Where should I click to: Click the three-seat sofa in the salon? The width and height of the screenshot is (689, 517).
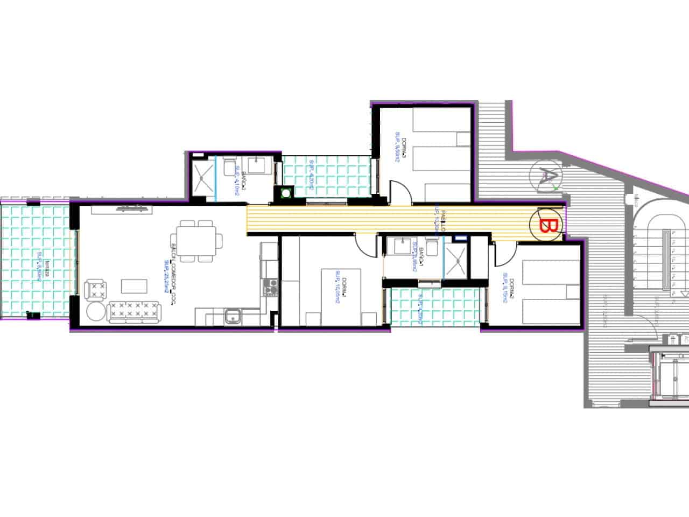[x=135, y=312]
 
